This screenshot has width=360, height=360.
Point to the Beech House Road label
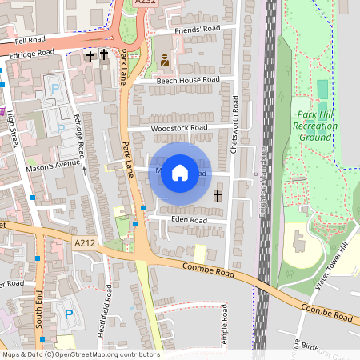click(188, 80)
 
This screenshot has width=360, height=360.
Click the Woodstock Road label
click(178, 127)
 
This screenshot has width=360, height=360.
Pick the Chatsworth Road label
click(235, 115)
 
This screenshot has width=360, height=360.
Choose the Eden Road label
click(189, 219)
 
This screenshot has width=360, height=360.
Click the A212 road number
click(84, 242)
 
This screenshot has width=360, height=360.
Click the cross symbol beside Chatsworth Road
click(218, 195)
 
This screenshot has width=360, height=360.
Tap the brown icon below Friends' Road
click(165, 59)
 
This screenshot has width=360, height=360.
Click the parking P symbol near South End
click(68, 315)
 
